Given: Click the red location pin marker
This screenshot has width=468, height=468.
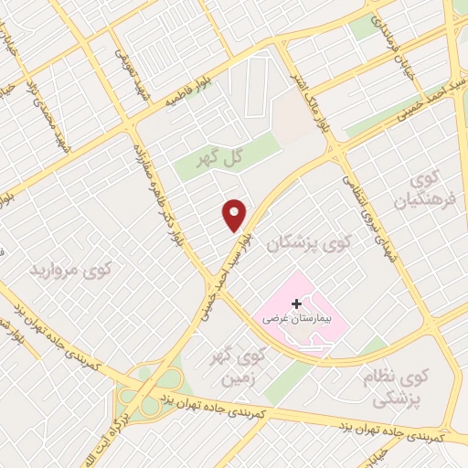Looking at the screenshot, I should tap(235, 214).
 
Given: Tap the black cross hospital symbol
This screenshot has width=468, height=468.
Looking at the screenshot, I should tap(296, 303).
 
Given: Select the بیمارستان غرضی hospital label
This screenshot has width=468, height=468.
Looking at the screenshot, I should tap(294, 320).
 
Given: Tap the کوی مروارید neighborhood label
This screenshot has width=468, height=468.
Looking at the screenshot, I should tap(71, 271).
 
